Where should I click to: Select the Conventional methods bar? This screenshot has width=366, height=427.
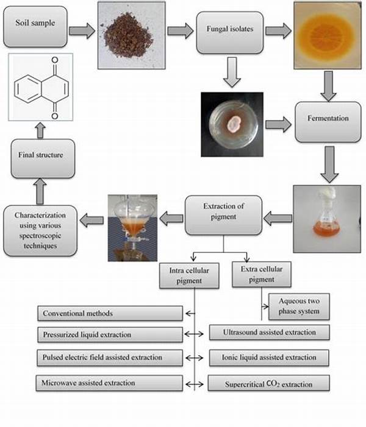coord(110,314)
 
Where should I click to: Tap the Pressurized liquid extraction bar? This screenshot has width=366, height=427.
coord(110,334)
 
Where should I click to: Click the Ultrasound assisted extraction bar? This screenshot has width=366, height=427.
coord(269,333)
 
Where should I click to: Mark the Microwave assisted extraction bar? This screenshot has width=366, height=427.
coord(110,383)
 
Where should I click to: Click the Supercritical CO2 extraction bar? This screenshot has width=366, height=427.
coord(269,384)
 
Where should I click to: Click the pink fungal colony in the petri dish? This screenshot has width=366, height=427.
coord(232,125)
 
